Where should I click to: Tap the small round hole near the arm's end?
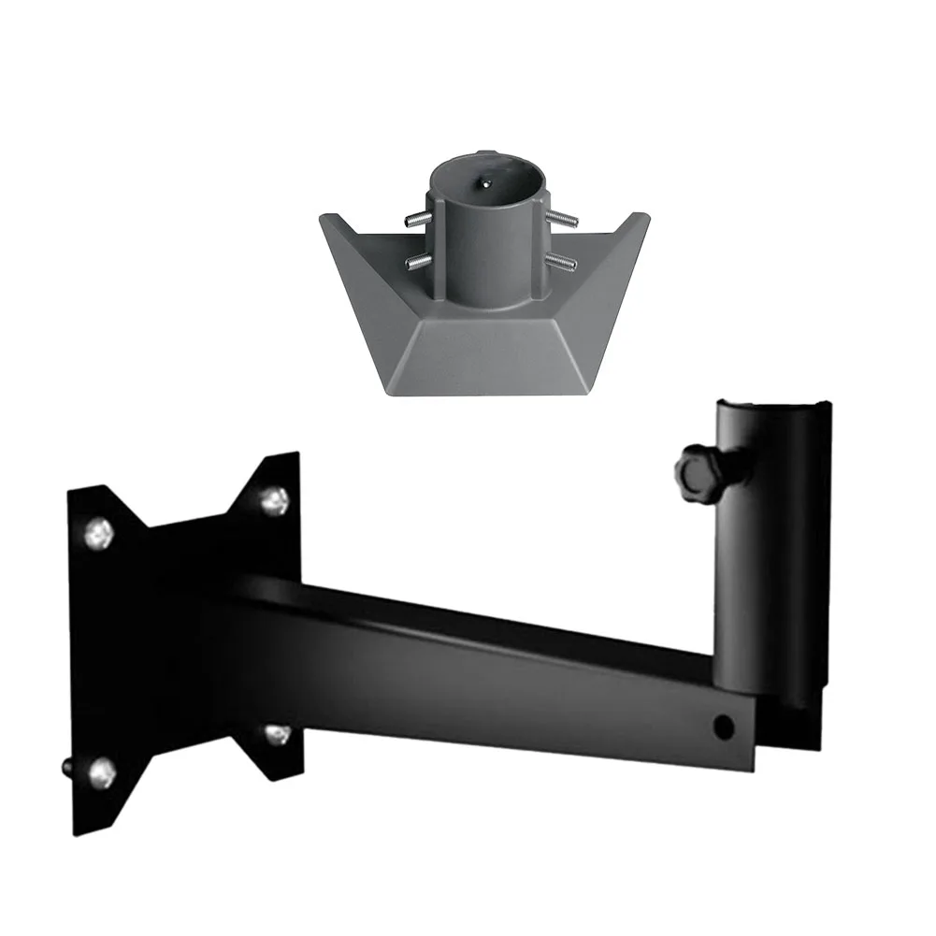click(x=721, y=725)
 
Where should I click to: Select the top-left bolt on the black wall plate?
click(x=100, y=535)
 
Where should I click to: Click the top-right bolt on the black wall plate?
click(x=274, y=501)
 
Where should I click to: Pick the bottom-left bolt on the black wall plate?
click(x=102, y=773)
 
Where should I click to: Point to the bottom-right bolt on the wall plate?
click(x=276, y=735)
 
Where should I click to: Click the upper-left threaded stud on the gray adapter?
click(x=417, y=221)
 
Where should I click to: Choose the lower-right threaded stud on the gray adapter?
click(x=561, y=260)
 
